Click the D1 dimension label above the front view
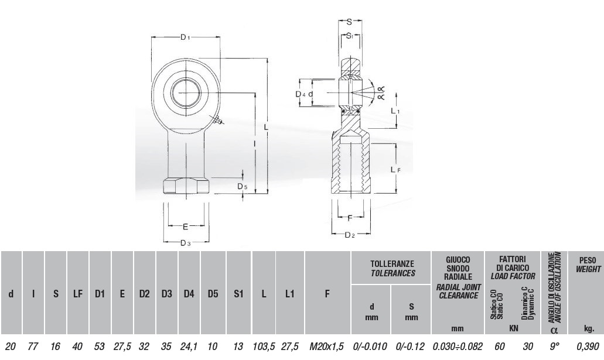pyautogui.click(x=185, y=37)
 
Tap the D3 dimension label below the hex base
pyautogui.click(x=186, y=242)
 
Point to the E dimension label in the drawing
pyautogui.click(x=185, y=227)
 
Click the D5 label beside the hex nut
pyautogui.click(x=243, y=187)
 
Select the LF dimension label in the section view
pyautogui.click(x=395, y=169)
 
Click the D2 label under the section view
pyautogui.click(x=350, y=235)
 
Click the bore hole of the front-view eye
pyautogui.click(x=186, y=93)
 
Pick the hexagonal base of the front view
pyautogui.click(x=186, y=186)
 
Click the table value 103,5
pyautogui.click(x=264, y=347)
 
